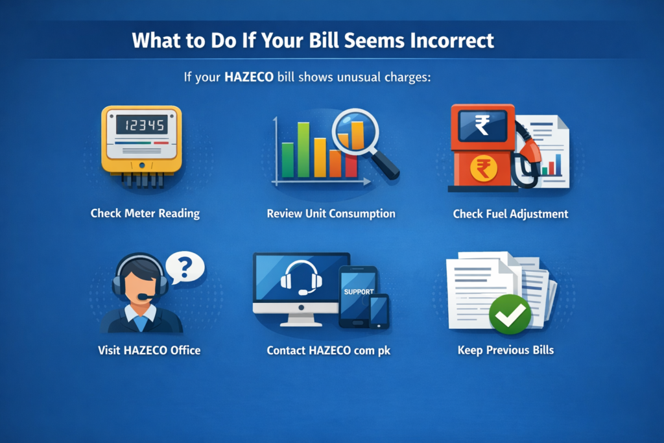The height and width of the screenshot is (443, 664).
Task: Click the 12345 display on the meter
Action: [x=141, y=125]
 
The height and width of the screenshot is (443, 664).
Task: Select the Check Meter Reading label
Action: [x=145, y=213]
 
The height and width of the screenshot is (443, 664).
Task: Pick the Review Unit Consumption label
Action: [x=331, y=213]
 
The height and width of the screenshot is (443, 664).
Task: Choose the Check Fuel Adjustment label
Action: [x=510, y=213]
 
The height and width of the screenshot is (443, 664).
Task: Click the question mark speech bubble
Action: [x=185, y=267]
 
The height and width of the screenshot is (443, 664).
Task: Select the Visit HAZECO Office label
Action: [x=149, y=350]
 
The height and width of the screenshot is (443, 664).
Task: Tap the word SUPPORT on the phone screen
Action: [x=359, y=292]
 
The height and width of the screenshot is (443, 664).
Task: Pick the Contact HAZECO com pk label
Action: [x=328, y=350]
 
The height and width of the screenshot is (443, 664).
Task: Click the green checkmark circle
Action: [x=510, y=314]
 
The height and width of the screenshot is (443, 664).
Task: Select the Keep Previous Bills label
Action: [x=506, y=350]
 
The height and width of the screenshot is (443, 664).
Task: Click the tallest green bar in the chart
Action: [x=304, y=150]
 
